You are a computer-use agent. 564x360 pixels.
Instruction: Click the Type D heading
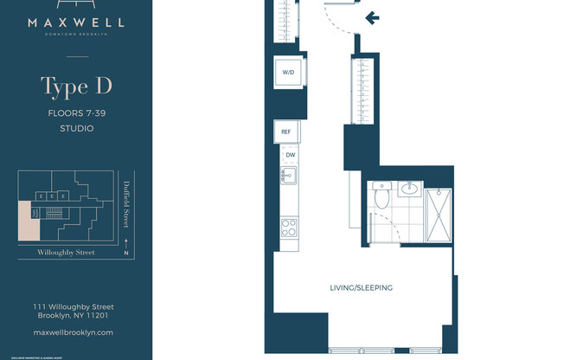pos(76,87)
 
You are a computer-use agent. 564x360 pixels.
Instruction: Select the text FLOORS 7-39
pos(76,112)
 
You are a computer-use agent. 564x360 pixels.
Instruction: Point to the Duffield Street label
pos(125,199)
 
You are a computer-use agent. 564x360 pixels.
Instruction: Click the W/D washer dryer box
pos(286,73)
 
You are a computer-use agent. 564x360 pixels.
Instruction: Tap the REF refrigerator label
pos(285,132)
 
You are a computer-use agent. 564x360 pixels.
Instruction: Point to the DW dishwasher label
pos(291,155)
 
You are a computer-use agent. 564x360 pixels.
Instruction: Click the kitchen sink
pos(288,177)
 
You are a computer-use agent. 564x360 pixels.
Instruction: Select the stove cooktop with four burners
pos(288,228)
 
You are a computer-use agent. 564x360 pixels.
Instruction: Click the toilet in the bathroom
pos(380,197)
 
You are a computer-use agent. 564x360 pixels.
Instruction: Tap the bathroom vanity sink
pos(411,188)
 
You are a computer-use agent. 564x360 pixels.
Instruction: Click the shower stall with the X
pos(441,214)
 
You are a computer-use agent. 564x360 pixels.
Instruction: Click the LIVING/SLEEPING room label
pos(362,287)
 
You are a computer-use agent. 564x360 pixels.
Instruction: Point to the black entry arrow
pos(373,16)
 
